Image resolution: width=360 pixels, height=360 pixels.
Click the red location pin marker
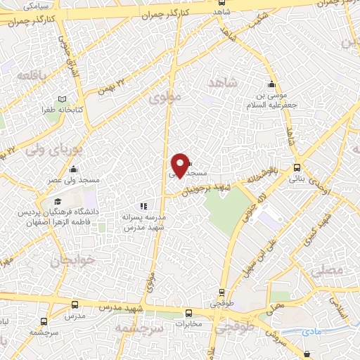(181, 165)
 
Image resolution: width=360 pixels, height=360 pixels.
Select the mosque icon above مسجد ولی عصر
(74, 169)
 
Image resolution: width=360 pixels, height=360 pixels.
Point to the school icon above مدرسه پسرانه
(143, 206)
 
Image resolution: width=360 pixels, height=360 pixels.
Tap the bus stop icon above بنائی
(297, 168)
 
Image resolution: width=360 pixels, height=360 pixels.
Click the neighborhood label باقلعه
(32, 75)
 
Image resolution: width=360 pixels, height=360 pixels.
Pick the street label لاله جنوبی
(248, 205)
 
